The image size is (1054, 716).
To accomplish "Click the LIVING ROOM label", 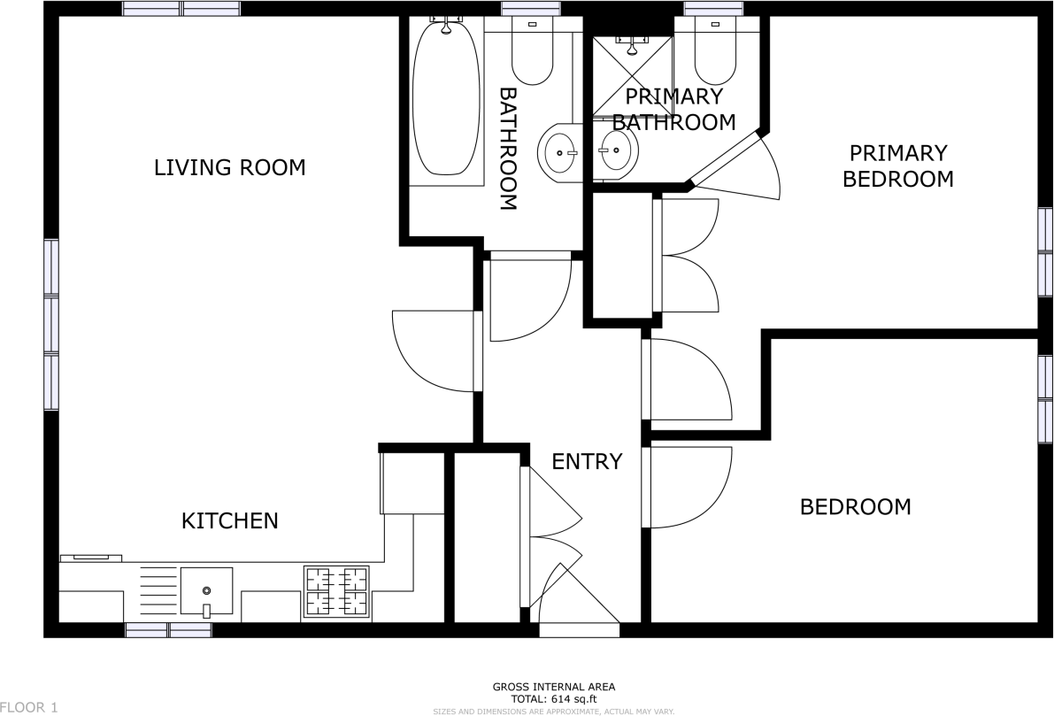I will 229,167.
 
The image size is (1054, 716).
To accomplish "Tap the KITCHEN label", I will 229,521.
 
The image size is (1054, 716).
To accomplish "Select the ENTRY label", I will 587,461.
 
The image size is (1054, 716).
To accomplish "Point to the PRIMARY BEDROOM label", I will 897,166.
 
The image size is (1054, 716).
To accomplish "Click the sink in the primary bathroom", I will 617,151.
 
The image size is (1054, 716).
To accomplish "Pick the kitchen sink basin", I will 207,590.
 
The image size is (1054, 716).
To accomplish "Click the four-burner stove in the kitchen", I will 336,591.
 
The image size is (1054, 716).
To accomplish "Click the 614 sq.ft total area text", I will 553,698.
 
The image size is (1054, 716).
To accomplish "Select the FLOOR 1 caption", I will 29,707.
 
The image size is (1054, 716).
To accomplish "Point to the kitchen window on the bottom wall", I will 168,629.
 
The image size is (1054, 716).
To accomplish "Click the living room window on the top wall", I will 181,9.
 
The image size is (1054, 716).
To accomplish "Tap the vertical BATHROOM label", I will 508,148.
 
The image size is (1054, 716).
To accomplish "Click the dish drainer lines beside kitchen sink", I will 159,590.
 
